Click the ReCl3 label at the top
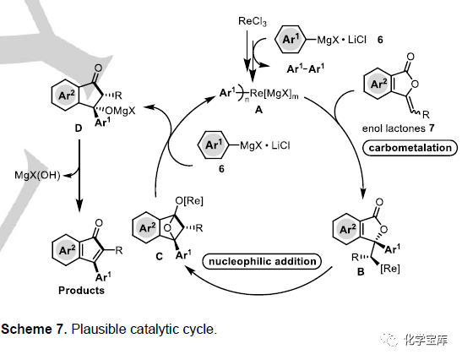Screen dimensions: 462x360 [x=253, y=21]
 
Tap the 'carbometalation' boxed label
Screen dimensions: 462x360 [x=410, y=147]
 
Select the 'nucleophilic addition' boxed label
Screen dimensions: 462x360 [x=262, y=261]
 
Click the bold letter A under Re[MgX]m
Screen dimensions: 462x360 [x=258, y=110]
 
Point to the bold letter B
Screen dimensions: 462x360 [x=361, y=271]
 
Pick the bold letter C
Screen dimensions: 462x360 [x=159, y=257]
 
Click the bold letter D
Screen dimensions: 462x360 [x=78, y=128]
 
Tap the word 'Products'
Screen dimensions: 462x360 [x=81, y=291]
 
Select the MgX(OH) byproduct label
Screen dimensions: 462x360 [x=37, y=176]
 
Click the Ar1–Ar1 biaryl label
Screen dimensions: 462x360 [x=306, y=68]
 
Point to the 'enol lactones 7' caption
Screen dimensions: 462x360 [x=399, y=128]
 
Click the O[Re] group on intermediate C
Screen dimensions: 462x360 [x=189, y=201]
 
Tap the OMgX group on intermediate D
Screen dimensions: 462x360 [x=120, y=111]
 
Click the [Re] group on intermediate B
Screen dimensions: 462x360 [x=390, y=269]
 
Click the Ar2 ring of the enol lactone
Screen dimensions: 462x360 [x=378, y=84]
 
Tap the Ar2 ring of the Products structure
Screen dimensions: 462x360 [x=67, y=250]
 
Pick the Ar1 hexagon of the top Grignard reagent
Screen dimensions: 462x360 [x=290, y=39]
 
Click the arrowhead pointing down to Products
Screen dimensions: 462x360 [x=79, y=205]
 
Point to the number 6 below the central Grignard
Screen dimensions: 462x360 [x=221, y=169]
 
